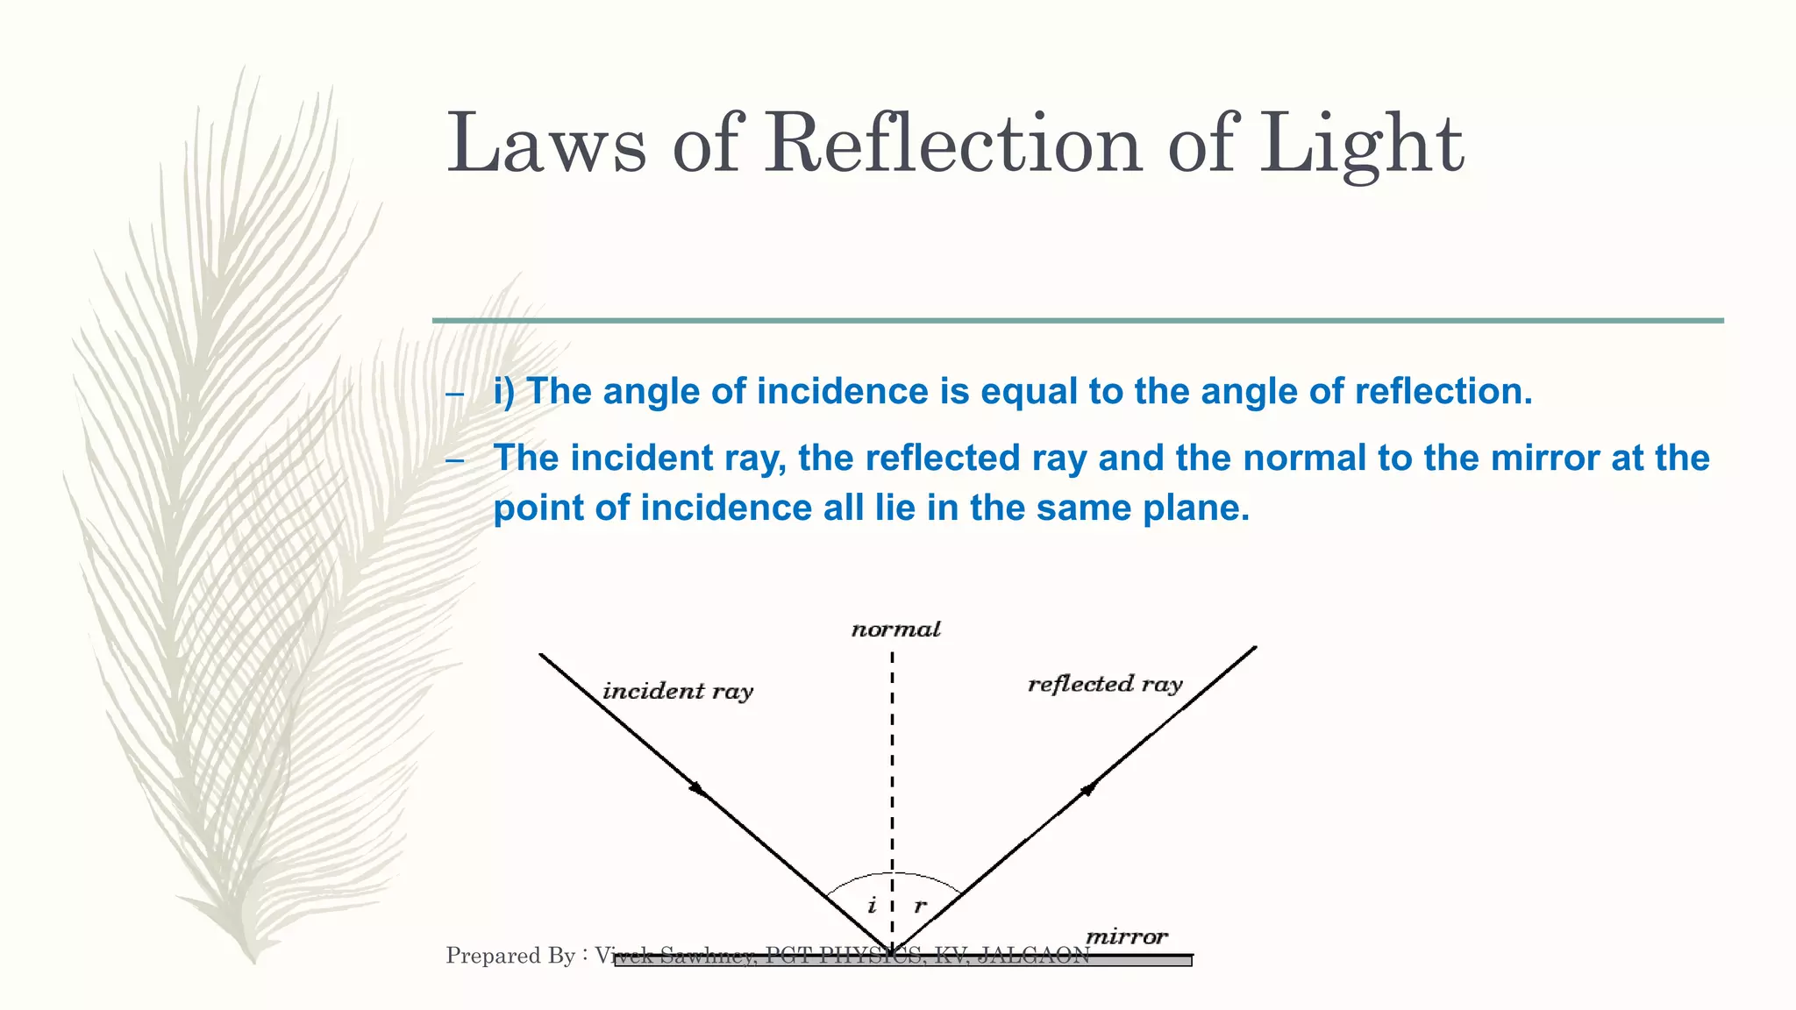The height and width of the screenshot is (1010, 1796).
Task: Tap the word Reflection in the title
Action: click(x=952, y=144)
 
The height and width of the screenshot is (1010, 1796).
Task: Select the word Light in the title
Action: click(x=1361, y=146)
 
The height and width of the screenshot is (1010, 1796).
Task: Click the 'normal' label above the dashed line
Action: click(x=895, y=629)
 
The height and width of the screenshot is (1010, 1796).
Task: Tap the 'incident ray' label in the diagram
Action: click(x=677, y=691)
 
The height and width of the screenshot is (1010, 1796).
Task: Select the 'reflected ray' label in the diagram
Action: click(x=1105, y=684)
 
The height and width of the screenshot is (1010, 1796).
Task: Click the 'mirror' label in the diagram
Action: click(x=1127, y=936)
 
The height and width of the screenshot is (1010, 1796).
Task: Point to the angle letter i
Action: click(x=872, y=906)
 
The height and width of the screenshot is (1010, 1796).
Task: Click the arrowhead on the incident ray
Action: click(x=698, y=788)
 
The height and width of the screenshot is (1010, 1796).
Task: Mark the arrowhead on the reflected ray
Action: click(x=1088, y=789)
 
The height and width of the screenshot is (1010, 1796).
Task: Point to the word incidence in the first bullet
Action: click(x=842, y=392)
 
